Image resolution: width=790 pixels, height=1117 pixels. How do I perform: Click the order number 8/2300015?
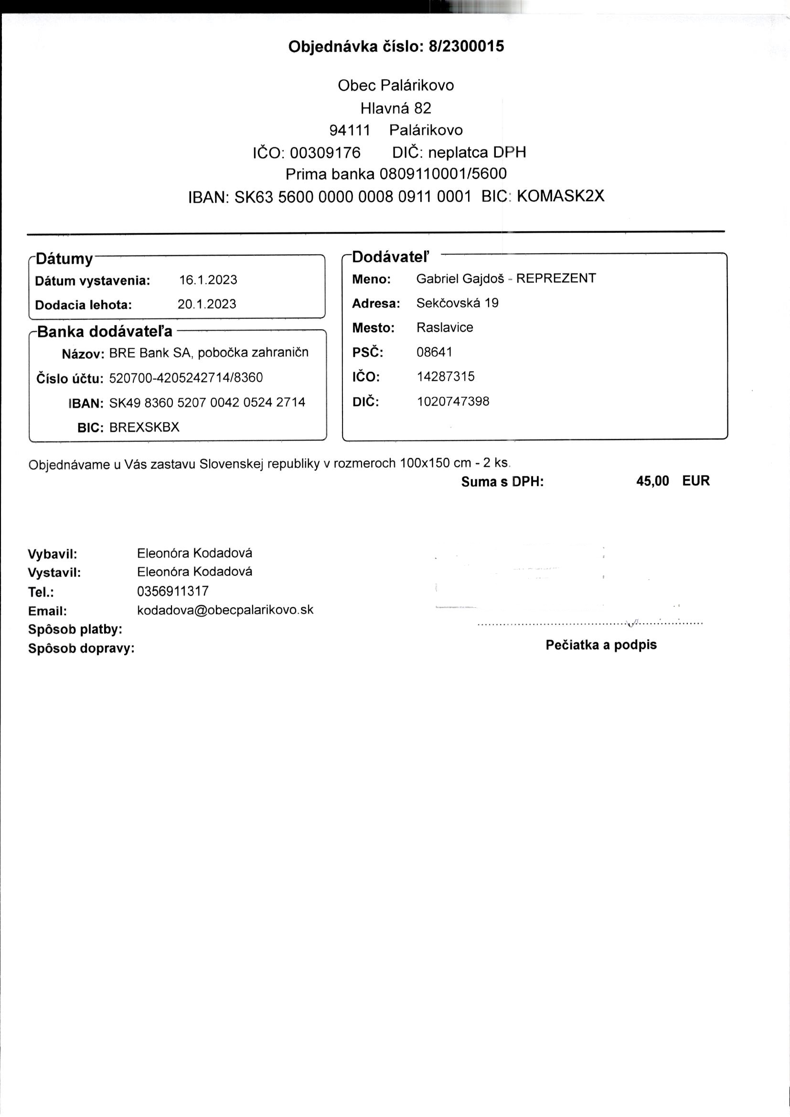pyautogui.click(x=466, y=47)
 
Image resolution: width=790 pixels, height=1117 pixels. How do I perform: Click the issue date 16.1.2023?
pyautogui.click(x=208, y=280)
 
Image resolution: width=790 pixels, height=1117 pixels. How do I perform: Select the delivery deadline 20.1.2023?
pyautogui.click(x=207, y=304)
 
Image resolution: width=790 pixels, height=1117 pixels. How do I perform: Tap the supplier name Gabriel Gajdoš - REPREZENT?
pyautogui.click(x=506, y=279)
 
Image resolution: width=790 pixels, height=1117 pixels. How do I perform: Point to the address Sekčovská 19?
pyautogui.click(x=457, y=303)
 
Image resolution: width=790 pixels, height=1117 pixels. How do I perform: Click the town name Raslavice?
pyautogui.click(x=445, y=327)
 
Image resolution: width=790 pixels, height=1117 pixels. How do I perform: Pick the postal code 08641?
pyautogui.click(x=434, y=352)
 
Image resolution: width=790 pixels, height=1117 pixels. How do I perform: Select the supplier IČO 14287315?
pyautogui.click(x=446, y=376)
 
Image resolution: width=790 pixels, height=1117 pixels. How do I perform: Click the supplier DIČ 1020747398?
pyautogui.click(x=453, y=402)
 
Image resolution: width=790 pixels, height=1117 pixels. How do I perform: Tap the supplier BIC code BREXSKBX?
pyautogui.click(x=144, y=428)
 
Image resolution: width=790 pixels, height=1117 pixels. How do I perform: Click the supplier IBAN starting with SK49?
pyautogui.click(x=207, y=403)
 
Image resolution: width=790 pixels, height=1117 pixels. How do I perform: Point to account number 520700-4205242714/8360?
pyautogui.click(x=186, y=378)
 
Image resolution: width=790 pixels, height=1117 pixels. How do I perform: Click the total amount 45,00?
pyautogui.click(x=652, y=481)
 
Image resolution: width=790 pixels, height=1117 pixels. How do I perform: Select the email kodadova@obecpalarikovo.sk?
pyautogui.click(x=225, y=610)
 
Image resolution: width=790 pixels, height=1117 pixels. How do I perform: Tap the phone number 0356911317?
pyautogui.click(x=173, y=591)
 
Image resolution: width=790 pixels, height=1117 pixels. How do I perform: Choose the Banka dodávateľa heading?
pyautogui.click(x=105, y=332)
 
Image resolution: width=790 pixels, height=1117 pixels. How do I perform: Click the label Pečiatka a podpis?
pyautogui.click(x=601, y=645)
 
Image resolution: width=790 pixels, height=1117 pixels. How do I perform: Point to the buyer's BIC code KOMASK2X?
pyautogui.click(x=560, y=196)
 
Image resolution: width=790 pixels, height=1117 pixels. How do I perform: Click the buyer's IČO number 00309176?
pyautogui.click(x=325, y=153)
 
